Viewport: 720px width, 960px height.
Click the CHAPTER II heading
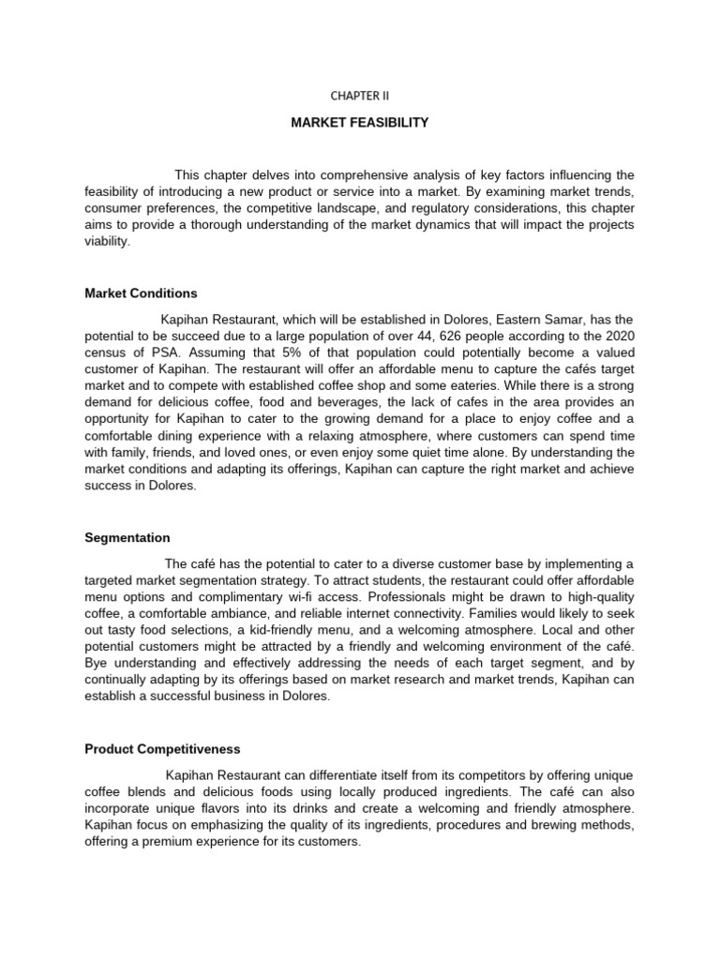coord(359,95)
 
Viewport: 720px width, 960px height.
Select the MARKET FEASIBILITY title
coord(359,123)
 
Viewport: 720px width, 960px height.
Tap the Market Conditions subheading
coord(141,293)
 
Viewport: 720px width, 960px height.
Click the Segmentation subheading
coord(127,538)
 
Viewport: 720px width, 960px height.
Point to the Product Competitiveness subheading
coord(162,749)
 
